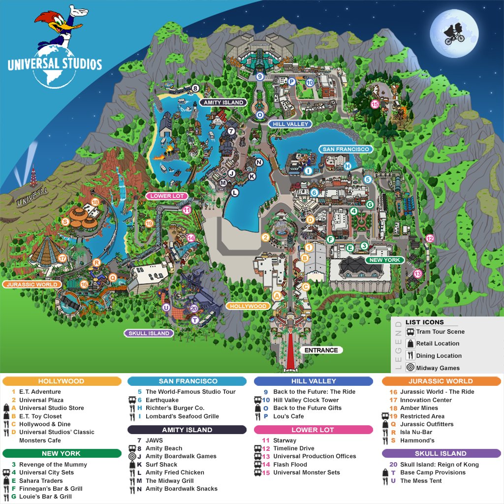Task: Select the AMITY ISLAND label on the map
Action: tap(222, 102)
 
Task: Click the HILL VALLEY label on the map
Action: tap(290, 124)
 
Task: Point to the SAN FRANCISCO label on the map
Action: tap(345, 149)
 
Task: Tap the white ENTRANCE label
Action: tap(321, 350)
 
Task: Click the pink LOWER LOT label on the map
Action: tap(167, 196)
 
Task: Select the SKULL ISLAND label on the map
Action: tap(149, 333)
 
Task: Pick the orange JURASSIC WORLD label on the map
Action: tap(32, 284)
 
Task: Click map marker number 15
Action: tap(375, 104)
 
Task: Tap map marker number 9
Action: tap(260, 77)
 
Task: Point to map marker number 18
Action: tap(95, 202)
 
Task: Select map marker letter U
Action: tap(166, 308)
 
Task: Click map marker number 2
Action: tap(265, 238)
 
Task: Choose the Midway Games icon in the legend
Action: tap(410, 367)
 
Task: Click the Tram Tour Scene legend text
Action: tap(440, 332)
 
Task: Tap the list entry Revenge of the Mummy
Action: tap(53, 464)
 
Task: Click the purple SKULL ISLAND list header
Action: tap(441, 453)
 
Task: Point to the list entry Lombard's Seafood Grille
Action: tap(182, 416)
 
